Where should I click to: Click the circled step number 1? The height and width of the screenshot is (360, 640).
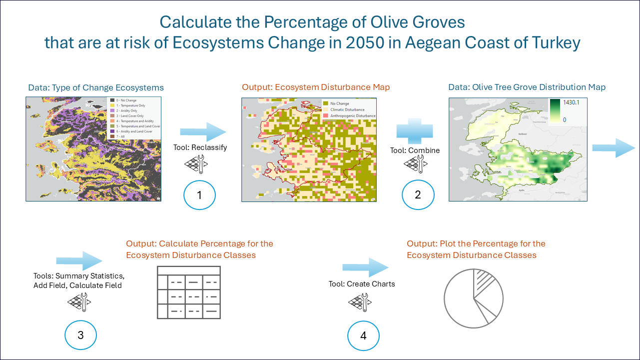click(x=199, y=195)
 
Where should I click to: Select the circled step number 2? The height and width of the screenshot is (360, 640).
click(x=418, y=195)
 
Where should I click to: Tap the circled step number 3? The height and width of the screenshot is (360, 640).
click(x=80, y=335)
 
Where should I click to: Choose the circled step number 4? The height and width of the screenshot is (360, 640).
click(x=363, y=335)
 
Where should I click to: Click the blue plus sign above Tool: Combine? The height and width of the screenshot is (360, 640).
click(x=415, y=131)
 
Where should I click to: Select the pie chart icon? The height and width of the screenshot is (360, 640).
click(x=473, y=298)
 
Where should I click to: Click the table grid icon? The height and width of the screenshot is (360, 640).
click(x=189, y=292)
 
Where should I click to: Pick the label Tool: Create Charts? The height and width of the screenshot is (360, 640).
click(x=362, y=284)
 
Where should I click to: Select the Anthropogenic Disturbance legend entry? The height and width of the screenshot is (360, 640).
click(x=353, y=115)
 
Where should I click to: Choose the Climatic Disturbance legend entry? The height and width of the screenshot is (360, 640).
click(x=347, y=109)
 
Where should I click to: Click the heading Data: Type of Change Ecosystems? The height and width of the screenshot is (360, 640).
click(x=95, y=87)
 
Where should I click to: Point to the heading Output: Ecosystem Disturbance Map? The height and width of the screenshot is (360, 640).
click(x=316, y=87)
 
